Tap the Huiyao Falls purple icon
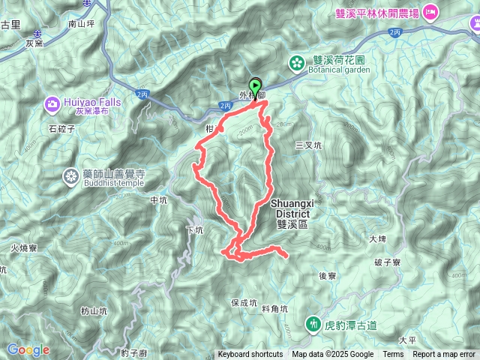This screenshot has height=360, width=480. (x=52, y=103)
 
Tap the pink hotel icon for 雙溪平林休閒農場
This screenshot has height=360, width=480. (x=430, y=11)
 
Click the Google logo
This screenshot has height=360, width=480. (x=28, y=349)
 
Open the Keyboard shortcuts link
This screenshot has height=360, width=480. (x=250, y=355)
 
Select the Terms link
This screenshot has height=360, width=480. (x=393, y=355)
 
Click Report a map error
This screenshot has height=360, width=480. (x=444, y=355)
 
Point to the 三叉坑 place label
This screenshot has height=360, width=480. (x=308, y=145)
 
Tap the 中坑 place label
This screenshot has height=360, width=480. (x=158, y=200)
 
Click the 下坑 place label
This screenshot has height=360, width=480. (x=193, y=230)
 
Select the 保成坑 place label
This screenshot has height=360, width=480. (x=244, y=304)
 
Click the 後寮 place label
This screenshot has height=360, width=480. (x=327, y=276)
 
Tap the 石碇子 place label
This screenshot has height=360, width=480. (x=62, y=129)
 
